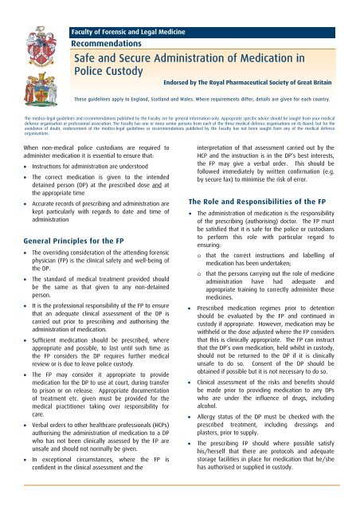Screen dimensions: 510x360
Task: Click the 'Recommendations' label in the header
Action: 107,45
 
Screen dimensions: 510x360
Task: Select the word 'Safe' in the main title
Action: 88,58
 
